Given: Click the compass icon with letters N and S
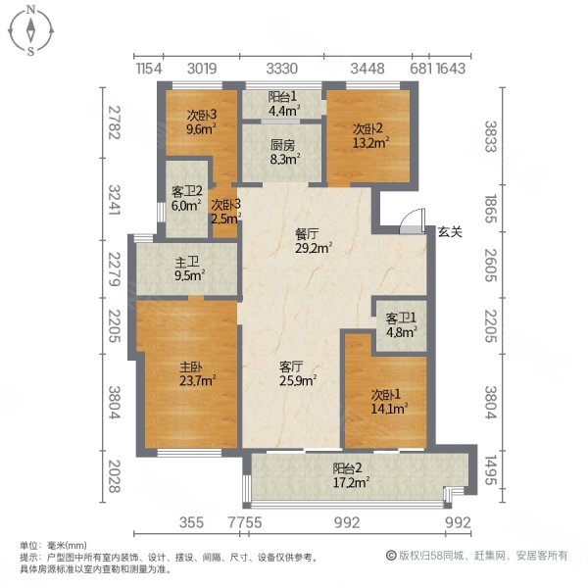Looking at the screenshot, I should point(31,30).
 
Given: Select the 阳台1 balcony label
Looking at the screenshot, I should point(284,96).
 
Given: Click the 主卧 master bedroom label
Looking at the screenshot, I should point(190,367).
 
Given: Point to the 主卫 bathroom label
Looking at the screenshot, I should point(187,263).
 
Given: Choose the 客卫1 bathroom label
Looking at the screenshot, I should point(400,318).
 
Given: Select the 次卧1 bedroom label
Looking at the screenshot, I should point(385,395).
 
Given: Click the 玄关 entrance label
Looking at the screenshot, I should point(450,231).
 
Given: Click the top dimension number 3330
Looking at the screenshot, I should point(282,68).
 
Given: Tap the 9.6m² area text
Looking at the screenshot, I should point(201,126).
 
